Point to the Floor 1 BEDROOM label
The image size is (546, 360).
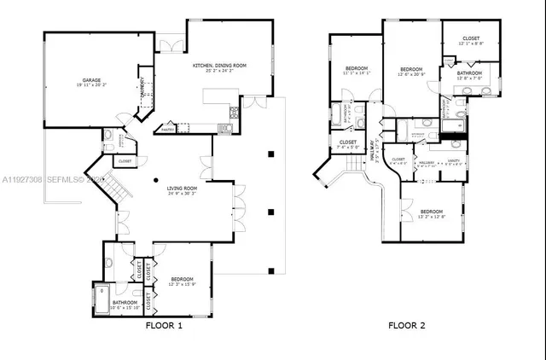182,279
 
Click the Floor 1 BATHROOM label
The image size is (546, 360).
125,302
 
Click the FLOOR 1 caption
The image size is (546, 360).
163,325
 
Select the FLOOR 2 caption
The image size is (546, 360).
407,325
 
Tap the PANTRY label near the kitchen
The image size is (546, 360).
168,130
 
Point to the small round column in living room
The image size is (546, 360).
155,180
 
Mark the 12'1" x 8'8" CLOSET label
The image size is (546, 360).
471,39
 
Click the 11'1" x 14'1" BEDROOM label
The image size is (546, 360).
357,69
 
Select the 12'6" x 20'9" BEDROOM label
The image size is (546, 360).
412,70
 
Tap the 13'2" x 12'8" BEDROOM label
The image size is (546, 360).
431,212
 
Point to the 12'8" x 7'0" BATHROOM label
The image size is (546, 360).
470,74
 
